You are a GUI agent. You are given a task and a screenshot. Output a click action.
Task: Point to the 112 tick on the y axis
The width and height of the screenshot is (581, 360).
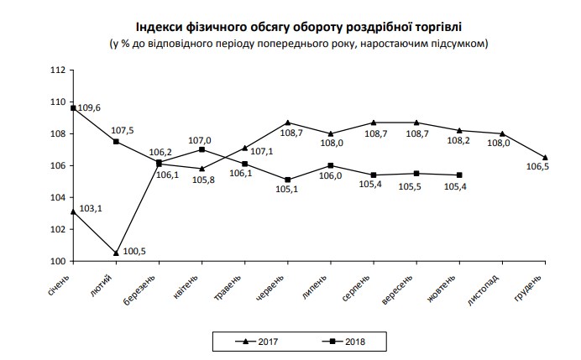pyautogui.click(x=58, y=70)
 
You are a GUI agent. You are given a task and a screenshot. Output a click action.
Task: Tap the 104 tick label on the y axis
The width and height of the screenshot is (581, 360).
pyautogui.click(x=58, y=197)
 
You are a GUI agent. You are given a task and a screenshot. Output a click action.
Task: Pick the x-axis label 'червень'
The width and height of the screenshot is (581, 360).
pyautogui.click(x=279, y=282)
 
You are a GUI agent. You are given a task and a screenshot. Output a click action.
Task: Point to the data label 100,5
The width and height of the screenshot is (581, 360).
pyautogui.click(x=134, y=251)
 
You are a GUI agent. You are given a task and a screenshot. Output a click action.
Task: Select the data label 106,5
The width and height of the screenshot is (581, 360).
pyautogui.click(x=536, y=167)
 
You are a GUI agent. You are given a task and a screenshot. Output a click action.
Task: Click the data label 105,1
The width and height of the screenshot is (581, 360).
pyautogui.click(x=290, y=190)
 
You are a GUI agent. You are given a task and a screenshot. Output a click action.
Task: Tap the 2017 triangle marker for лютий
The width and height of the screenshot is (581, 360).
pyautogui.click(x=116, y=253)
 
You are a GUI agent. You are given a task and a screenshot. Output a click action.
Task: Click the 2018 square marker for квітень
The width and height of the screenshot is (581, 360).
pyautogui.click(x=202, y=149)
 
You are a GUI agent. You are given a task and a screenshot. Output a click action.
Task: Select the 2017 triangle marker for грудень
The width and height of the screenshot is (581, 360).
pyautogui.click(x=546, y=158)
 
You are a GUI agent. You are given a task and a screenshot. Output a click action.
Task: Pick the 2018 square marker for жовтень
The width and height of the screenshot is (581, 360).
pyautogui.click(x=459, y=175)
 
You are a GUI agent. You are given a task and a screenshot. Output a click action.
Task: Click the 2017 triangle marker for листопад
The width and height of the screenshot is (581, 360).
pyautogui.click(x=502, y=133)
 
